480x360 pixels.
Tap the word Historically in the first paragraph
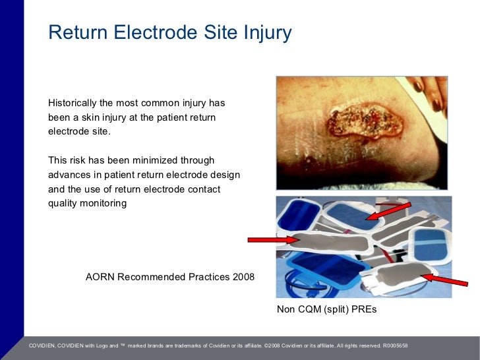(73, 104)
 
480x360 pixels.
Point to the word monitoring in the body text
(103, 204)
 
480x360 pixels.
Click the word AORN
(100, 276)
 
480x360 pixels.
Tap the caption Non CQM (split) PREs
(326, 309)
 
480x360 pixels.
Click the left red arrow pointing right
(273, 240)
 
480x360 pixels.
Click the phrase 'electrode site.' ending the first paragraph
(80, 131)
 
